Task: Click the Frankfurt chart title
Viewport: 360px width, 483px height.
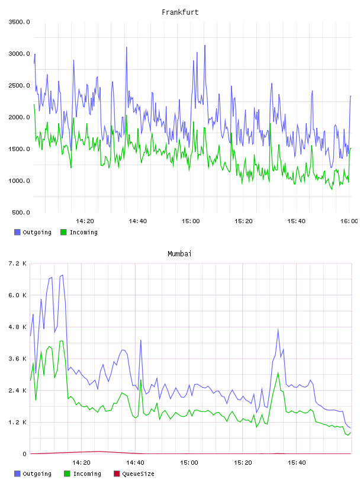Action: point(180,12)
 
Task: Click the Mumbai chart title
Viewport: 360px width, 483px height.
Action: point(179,254)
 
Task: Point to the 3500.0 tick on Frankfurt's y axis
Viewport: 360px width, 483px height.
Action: point(19,22)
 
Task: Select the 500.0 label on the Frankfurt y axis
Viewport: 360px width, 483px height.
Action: point(21,212)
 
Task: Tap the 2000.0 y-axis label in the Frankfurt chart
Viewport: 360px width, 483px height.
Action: point(19,117)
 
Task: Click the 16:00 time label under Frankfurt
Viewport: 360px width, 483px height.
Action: point(349,221)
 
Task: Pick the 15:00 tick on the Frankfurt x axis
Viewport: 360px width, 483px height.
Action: point(191,221)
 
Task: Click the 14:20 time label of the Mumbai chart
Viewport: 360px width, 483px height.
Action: point(81,463)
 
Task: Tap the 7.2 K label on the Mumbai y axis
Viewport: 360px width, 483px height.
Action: point(17,263)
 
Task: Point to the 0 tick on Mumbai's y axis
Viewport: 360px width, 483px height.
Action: point(24,454)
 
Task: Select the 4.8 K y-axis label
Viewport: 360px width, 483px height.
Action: point(17,327)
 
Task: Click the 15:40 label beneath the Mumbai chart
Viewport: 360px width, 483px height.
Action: point(297,463)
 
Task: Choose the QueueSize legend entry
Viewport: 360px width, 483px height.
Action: point(138,474)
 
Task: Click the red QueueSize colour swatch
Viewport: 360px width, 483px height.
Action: point(117,474)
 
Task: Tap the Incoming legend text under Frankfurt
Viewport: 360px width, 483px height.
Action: point(83,232)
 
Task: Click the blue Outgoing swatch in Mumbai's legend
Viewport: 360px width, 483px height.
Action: point(17,474)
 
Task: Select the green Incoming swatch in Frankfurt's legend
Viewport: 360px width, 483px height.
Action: point(63,232)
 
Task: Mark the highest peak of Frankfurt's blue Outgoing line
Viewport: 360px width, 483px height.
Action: point(205,46)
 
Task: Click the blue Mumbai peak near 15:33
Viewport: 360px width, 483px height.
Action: point(278,329)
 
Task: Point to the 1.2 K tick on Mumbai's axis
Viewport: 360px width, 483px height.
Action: point(17,422)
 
